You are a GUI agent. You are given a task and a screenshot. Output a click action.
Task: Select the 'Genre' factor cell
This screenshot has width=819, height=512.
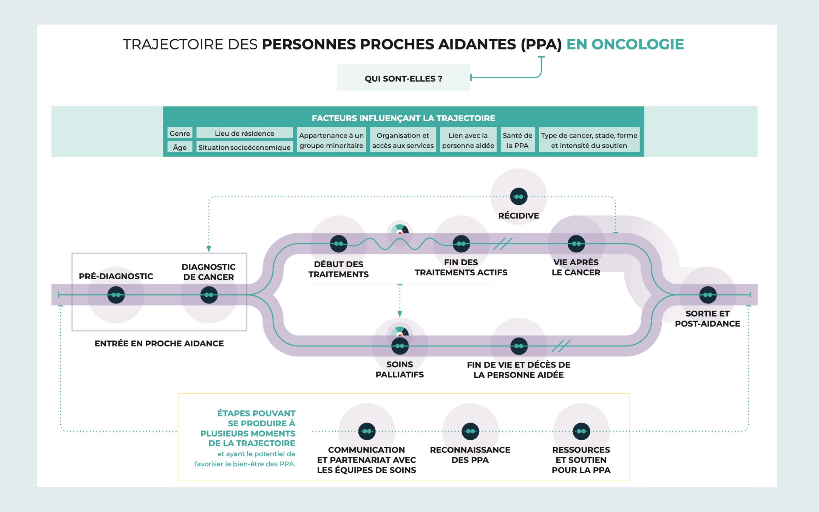click(x=180, y=133)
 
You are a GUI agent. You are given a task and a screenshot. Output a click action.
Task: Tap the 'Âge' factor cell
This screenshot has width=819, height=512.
click(x=180, y=147)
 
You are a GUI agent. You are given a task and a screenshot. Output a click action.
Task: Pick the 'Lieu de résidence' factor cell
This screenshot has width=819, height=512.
click(x=244, y=133)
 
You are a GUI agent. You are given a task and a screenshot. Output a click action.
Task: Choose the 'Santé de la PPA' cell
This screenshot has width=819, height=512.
click(x=517, y=140)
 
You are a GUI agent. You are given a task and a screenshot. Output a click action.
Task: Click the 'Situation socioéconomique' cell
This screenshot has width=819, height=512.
click(x=244, y=147)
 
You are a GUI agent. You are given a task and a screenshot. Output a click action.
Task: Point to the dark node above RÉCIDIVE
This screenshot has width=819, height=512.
click(x=519, y=197)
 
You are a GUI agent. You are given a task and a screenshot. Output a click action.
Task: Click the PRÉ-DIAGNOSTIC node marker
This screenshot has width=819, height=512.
click(x=116, y=295)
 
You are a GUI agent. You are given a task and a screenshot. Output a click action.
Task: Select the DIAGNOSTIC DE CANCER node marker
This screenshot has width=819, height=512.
click(x=209, y=295)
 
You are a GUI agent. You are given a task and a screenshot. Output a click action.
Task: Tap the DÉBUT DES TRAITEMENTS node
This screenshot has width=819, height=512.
click(x=339, y=244)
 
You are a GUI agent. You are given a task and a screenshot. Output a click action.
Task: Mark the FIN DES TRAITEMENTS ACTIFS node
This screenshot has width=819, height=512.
click(x=461, y=244)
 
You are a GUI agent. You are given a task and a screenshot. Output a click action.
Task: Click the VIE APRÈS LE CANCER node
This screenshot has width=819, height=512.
click(x=576, y=244)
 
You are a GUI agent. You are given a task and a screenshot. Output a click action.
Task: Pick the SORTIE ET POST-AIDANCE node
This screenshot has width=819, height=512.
click(x=708, y=295)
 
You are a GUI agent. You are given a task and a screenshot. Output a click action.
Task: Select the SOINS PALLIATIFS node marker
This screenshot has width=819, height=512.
click(x=400, y=346)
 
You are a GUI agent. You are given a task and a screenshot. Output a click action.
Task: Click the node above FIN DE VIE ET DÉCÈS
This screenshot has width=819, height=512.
click(x=519, y=346)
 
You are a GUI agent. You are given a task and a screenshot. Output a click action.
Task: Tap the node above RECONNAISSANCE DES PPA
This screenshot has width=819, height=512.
click(x=470, y=431)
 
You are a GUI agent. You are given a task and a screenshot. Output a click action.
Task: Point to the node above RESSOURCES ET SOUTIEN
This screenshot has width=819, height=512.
click(x=581, y=431)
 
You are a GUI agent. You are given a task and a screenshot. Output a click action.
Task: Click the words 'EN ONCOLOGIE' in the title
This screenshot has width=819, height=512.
click(x=625, y=44)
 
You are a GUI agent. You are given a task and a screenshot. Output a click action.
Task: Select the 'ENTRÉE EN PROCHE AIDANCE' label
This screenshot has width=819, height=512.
click(x=159, y=343)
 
